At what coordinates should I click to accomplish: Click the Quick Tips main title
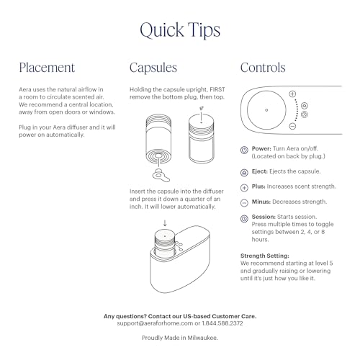[x=180, y=30]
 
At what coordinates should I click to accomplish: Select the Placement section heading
[x=47, y=68]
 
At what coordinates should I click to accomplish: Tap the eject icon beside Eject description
[x=246, y=171]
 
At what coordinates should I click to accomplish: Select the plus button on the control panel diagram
[x=292, y=94]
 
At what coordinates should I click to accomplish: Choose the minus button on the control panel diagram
[x=292, y=126]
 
